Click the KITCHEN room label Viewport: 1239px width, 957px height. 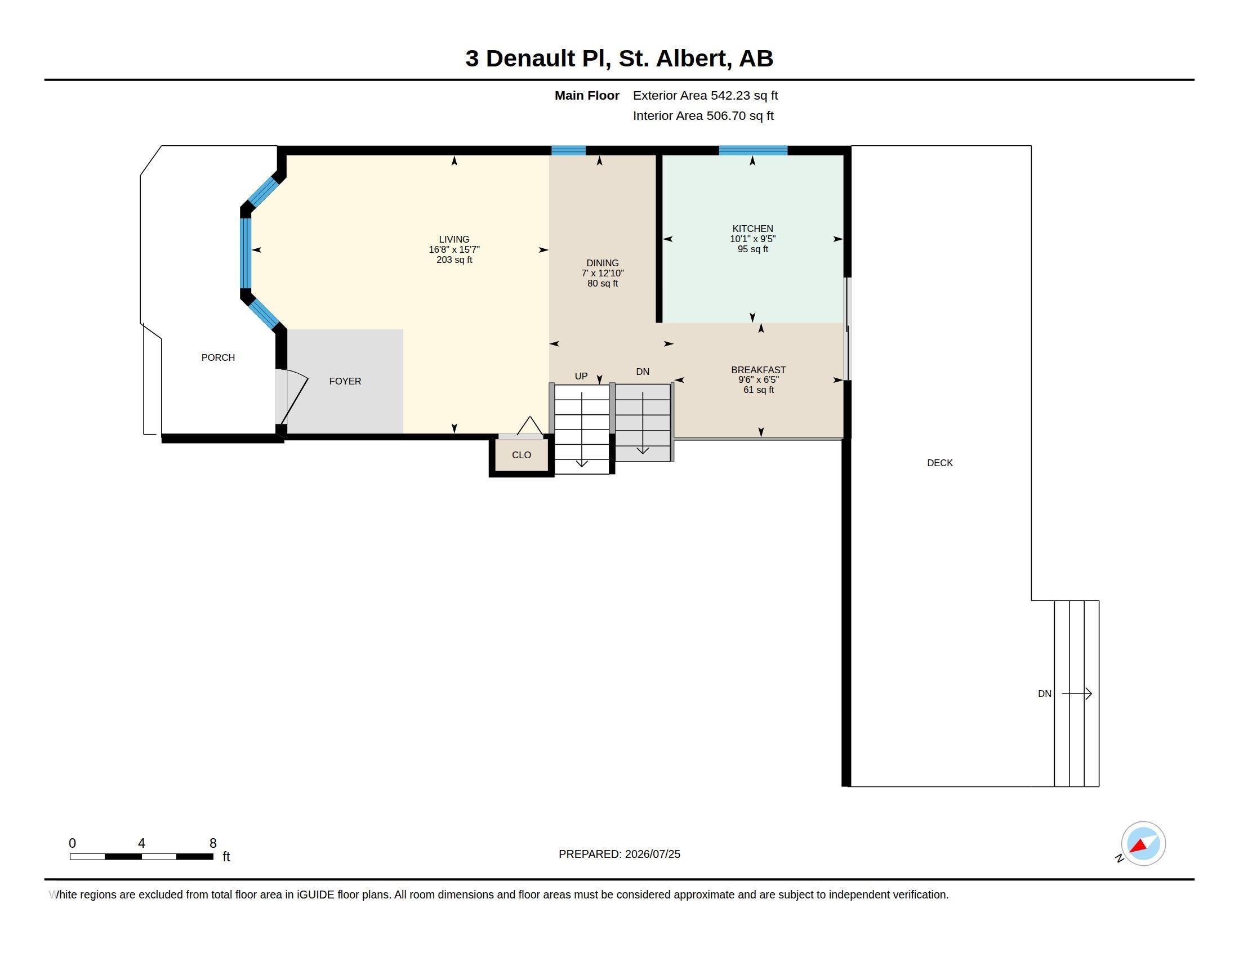click(x=752, y=229)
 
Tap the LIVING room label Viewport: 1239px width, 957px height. click(x=454, y=239)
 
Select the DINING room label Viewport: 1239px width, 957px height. click(x=603, y=263)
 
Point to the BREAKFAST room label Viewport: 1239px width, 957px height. click(x=759, y=370)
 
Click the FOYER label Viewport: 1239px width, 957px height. click(x=345, y=381)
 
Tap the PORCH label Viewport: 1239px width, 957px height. click(x=218, y=357)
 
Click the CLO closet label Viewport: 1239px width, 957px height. click(x=522, y=455)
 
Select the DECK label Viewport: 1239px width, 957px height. click(x=939, y=463)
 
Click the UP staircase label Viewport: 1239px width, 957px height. click(x=581, y=376)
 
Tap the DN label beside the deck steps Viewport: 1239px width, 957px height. click(x=1044, y=694)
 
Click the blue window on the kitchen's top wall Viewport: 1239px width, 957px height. click(x=753, y=150)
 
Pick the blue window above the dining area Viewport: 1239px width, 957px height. click(x=568, y=150)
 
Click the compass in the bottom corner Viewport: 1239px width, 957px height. click(x=1143, y=843)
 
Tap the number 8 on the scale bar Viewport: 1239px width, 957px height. click(x=213, y=843)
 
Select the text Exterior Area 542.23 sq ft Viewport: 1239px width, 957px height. click(x=705, y=95)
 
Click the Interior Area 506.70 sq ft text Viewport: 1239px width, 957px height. click(x=703, y=115)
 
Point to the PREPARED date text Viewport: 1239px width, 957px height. click(x=619, y=854)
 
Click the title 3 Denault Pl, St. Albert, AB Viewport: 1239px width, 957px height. click(x=619, y=59)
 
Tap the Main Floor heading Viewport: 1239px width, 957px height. click(x=587, y=95)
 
